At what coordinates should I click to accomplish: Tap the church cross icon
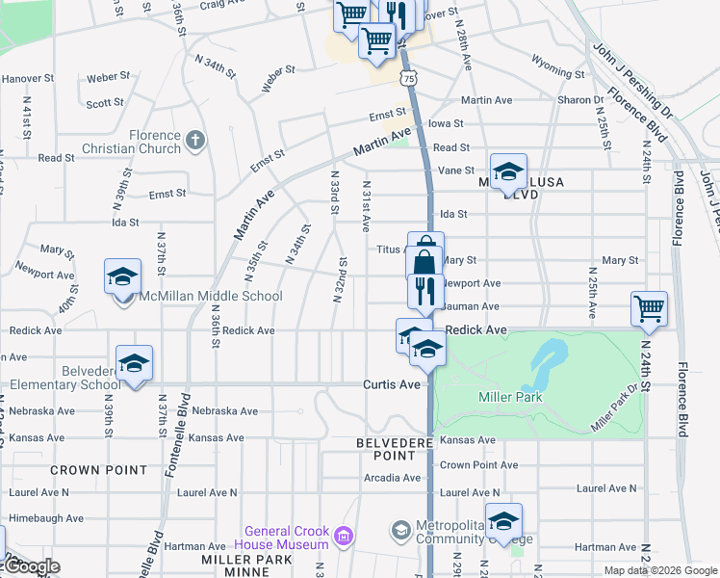[x=195, y=142]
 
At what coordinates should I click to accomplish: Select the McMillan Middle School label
[x=211, y=297]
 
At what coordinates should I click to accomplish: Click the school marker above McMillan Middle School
[x=122, y=277]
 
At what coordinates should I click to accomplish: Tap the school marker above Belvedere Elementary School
[x=134, y=363]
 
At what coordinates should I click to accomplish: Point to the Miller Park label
[x=510, y=397]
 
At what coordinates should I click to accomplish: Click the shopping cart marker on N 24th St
[x=650, y=309]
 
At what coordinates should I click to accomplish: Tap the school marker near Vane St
[x=508, y=172]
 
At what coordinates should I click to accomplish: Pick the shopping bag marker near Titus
[x=425, y=255]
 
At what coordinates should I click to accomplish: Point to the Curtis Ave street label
[x=392, y=384]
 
